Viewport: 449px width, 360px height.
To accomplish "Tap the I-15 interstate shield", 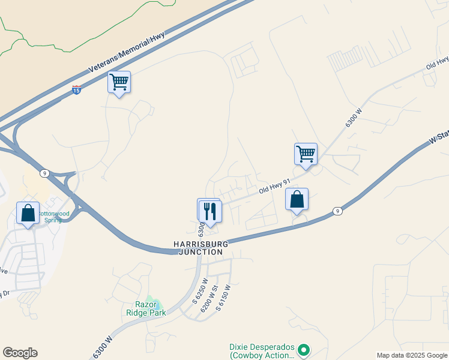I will [76, 89].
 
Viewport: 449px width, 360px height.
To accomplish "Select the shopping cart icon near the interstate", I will [119, 82].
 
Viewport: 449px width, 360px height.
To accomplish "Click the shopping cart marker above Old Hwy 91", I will [306, 154].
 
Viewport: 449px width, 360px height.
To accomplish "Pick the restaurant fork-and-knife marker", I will [210, 211].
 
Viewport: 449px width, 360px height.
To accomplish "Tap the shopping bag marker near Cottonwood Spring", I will [28, 213].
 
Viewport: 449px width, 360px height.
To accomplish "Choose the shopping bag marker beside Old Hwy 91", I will [297, 199].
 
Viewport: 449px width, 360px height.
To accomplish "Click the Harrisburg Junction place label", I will [201, 248].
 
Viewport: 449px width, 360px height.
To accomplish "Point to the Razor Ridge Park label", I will [142, 308].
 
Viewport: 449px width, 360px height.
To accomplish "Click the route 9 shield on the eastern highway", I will [338, 211].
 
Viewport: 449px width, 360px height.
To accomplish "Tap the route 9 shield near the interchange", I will [45, 173].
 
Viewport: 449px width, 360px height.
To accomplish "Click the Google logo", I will [20, 353].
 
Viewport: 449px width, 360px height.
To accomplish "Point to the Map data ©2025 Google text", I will [411, 355].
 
